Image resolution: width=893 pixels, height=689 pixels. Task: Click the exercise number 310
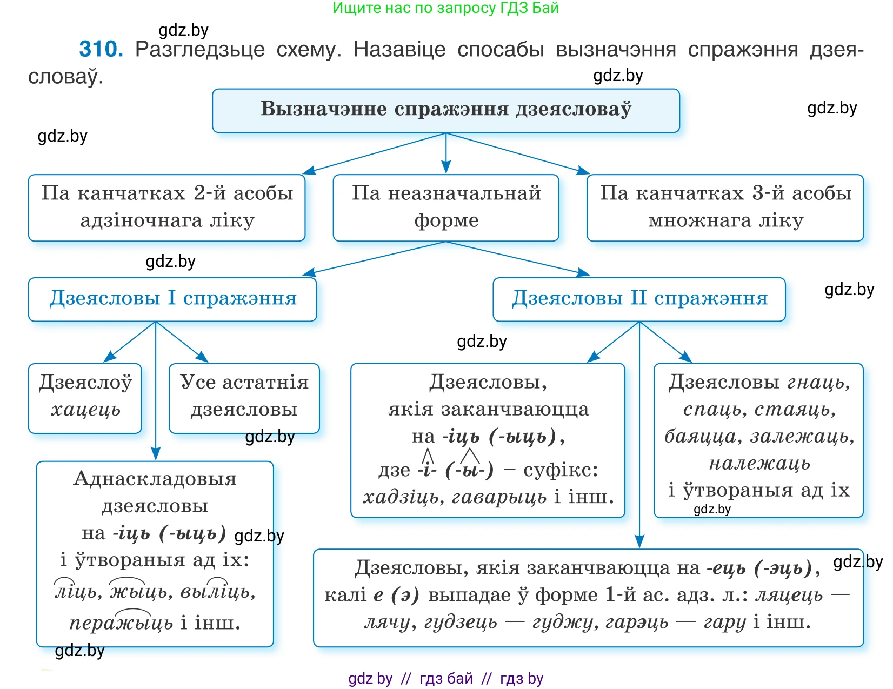pyautogui.click(x=101, y=49)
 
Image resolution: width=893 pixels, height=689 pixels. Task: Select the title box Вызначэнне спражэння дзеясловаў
pyautogui.click(x=445, y=110)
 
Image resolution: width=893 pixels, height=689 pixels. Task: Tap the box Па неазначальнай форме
pyautogui.click(x=445, y=207)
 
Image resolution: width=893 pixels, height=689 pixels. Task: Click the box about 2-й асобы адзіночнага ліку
pyautogui.click(x=166, y=207)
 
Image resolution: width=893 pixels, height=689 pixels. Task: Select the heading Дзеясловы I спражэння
pyautogui.click(x=172, y=299)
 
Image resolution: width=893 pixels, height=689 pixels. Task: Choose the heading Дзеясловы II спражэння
pyautogui.click(x=639, y=299)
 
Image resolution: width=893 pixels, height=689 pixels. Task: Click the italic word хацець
pyautogui.click(x=85, y=410)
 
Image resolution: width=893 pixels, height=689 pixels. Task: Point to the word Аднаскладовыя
pyautogui.click(x=155, y=479)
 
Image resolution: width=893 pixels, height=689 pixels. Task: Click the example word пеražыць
pyautogui.click(x=121, y=623)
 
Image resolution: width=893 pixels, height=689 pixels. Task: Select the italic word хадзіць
pyautogui.click(x=400, y=497)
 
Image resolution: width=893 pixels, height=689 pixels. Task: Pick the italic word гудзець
pyautogui.click(x=460, y=623)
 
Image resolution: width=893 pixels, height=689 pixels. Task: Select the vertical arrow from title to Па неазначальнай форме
pyautogui.click(x=445, y=154)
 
